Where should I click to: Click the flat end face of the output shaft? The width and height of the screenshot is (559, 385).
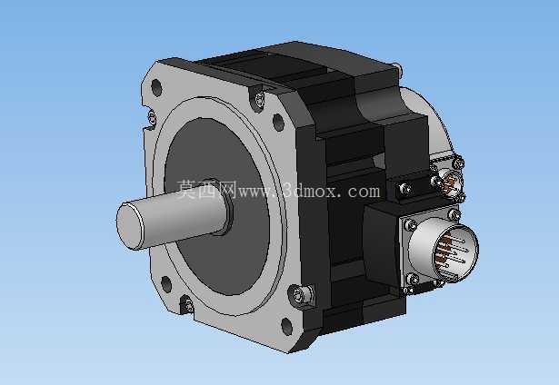tap(130, 226)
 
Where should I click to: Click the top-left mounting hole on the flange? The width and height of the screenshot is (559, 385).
tap(156, 87)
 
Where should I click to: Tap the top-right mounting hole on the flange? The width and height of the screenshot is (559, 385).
tap(278, 122)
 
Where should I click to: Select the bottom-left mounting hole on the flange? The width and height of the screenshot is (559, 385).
tap(166, 284)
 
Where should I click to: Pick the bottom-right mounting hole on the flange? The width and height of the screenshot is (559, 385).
tap(286, 326)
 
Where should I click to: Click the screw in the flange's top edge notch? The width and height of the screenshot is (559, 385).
tap(259, 99)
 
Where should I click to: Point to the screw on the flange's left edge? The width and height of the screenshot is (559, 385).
tap(152, 118)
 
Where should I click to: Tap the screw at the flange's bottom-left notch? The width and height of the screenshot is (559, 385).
tap(188, 305)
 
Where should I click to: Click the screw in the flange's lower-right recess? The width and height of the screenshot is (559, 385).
tap(298, 295)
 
